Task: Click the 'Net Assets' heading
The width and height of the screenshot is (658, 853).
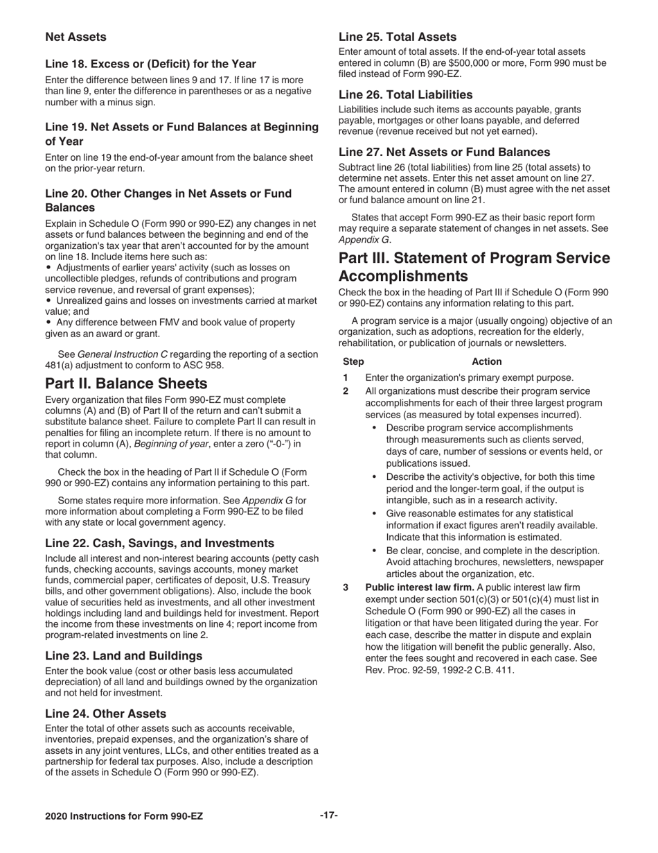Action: pyautogui.click(x=75, y=37)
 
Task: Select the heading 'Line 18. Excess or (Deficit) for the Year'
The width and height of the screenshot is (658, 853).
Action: pyautogui.click(x=150, y=64)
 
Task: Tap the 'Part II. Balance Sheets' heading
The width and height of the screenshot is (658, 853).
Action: pyautogui.click(x=126, y=384)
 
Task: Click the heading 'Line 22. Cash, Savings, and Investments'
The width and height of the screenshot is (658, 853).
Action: pyautogui.click(x=159, y=543)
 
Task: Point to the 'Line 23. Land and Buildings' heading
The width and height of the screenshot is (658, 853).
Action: pyautogui.click(x=124, y=655)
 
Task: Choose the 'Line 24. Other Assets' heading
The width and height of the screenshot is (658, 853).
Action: pyautogui.click(x=105, y=714)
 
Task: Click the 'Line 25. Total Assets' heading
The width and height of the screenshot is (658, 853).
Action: pyautogui.click(x=397, y=37)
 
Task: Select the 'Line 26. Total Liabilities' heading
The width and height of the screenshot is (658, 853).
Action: pyautogui.click(x=405, y=94)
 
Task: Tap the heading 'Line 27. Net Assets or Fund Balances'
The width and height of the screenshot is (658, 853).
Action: pyautogui.click(x=444, y=152)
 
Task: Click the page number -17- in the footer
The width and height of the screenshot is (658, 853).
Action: pyautogui.click(x=328, y=816)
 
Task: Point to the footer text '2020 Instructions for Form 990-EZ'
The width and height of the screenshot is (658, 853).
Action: pyautogui.click(x=124, y=817)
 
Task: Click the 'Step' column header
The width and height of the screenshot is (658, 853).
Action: pyautogui.click(x=353, y=361)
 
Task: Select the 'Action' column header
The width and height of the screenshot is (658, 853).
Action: pyautogui.click(x=486, y=361)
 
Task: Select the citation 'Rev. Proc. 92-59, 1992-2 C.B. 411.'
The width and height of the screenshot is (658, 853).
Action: pyautogui.click(x=440, y=671)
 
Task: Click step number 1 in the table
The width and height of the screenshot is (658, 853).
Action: pyautogui.click(x=346, y=378)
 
